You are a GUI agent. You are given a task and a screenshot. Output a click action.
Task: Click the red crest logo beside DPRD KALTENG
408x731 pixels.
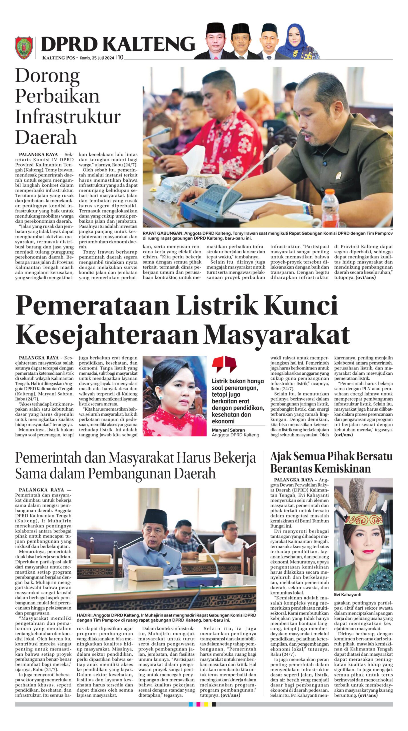pos(24,47)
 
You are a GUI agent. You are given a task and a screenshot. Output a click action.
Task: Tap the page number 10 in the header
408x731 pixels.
pos(121,57)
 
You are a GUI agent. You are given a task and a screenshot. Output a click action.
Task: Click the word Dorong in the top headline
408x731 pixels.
pos(47,76)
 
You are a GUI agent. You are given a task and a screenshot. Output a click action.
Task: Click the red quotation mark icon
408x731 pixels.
pos(224,364)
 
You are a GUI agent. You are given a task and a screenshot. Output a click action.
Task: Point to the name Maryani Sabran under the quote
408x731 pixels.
pos(228,430)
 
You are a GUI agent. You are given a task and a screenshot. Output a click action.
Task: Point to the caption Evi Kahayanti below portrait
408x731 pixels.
pos(347,594)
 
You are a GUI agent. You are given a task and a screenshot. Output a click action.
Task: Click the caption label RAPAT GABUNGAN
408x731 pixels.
pos(163,233)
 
